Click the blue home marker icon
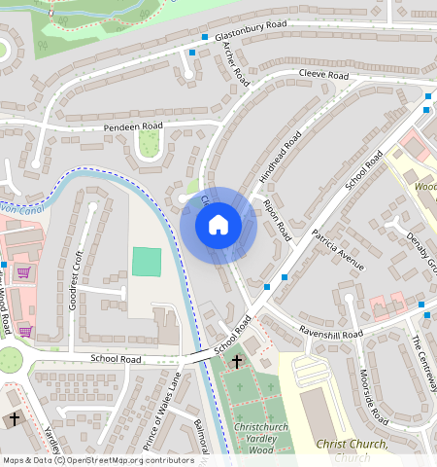(x=218, y=226)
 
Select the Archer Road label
(x=236, y=64)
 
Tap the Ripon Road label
(x=277, y=221)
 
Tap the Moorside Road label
(x=372, y=395)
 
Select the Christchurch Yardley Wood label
(x=253, y=433)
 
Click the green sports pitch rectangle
(x=146, y=261)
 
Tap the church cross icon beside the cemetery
(x=237, y=362)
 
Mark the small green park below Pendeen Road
(x=149, y=145)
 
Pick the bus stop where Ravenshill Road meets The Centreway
(x=424, y=305)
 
